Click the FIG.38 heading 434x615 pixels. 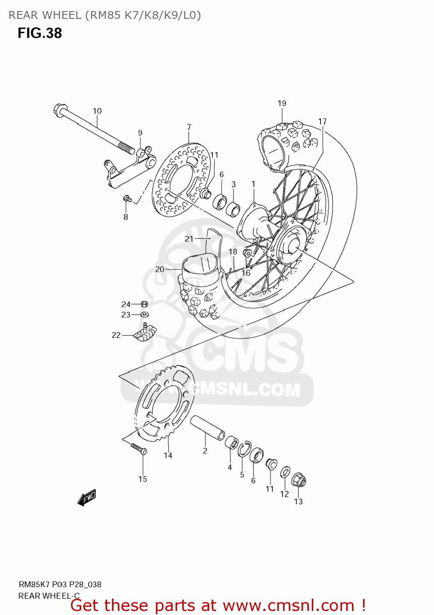(39, 33)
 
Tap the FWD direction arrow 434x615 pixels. (87, 497)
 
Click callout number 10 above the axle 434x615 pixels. (97, 111)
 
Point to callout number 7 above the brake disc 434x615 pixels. (189, 127)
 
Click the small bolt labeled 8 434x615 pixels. (127, 199)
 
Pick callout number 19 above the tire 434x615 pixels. (282, 103)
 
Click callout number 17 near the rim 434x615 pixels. (322, 121)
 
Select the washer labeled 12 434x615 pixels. (285, 472)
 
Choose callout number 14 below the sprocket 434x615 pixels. (168, 455)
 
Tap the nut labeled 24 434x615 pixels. (144, 304)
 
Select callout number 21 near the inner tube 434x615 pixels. (189, 239)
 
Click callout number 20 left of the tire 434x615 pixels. (160, 269)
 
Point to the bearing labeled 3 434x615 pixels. (233, 209)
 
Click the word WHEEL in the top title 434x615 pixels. (62, 15)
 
